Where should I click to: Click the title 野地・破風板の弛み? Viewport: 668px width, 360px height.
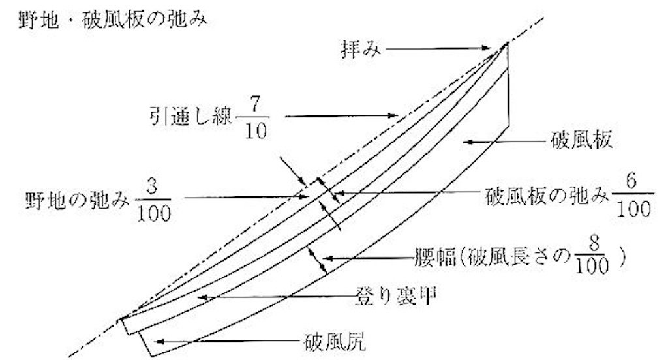pyautogui.click(x=113, y=20)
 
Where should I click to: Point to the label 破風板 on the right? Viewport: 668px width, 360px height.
pyautogui.click(x=582, y=140)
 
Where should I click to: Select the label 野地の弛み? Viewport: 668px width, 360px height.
pyautogui.click(x=77, y=200)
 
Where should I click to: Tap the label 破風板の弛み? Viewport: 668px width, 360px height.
pyautogui.click(x=547, y=196)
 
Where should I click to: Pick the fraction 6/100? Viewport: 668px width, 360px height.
pyautogui.click(x=633, y=196)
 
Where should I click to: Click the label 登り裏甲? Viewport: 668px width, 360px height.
pyautogui.click(x=396, y=296)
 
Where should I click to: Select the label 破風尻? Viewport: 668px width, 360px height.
pyautogui.click(x=335, y=342)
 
